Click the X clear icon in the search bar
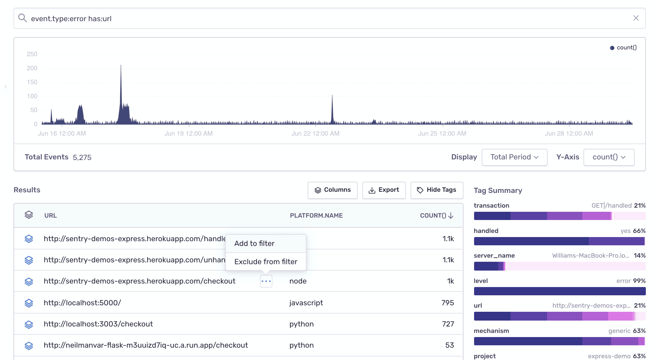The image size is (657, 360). click(636, 18)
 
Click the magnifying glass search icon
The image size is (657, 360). click(22, 18)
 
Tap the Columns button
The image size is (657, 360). click(332, 190)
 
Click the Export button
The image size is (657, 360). click(384, 190)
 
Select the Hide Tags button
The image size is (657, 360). click(437, 190)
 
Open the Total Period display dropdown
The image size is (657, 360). click(514, 157)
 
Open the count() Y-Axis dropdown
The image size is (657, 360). click(609, 157)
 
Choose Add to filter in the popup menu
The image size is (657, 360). click(254, 244)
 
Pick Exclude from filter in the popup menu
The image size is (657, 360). click(266, 261)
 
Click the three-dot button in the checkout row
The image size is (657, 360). click(266, 281)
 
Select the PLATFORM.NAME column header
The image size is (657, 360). click(316, 216)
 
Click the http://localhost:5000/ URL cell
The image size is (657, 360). click(82, 303)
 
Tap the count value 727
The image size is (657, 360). click(448, 324)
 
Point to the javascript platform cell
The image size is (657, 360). click(306, 303)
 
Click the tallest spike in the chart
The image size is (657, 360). click(121, 68)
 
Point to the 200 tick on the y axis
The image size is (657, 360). click(32, 68)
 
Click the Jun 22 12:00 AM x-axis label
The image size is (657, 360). click(315, 134)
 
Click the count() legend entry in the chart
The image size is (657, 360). click(623, 48)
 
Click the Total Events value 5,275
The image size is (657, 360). click(82, 158)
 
